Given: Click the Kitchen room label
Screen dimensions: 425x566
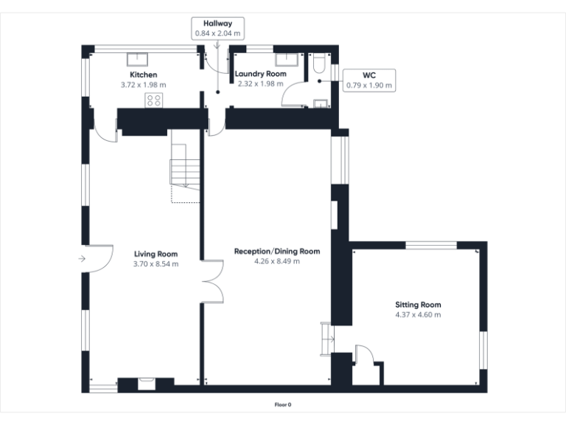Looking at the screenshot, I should [143, 75].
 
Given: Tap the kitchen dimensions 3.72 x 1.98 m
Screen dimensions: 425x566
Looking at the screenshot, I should [143, 85].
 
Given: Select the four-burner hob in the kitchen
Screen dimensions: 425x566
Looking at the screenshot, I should [154, 100].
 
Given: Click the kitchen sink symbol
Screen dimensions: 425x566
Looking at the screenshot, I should [138, 59].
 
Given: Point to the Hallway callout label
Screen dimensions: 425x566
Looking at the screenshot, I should [217, 24].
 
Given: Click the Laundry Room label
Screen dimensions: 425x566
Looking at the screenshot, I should [260, 75].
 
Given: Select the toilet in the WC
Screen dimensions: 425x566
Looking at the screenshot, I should [317, 65].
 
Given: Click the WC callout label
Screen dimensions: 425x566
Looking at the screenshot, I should [369, 75].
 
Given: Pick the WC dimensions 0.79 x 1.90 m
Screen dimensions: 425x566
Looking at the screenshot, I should [369, 86].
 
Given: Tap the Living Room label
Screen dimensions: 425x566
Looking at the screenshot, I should [156, 254].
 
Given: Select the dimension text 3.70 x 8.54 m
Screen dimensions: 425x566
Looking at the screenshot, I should [156, 263].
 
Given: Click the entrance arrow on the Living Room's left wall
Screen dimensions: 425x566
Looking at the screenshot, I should [80, 258].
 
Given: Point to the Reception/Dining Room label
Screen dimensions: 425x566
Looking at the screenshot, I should [277, 251].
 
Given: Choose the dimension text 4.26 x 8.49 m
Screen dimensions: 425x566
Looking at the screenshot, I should [277, 260].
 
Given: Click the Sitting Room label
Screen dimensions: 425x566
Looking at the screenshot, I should [418, 305].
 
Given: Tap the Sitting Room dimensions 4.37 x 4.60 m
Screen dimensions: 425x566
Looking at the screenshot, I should [418, 314].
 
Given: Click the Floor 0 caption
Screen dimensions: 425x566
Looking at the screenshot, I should [283, 404].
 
